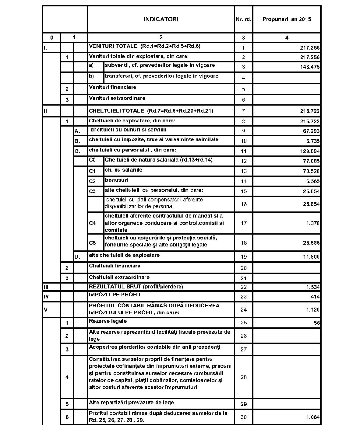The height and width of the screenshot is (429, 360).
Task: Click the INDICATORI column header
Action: [161, 19]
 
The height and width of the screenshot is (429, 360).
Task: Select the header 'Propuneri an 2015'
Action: [287, 19]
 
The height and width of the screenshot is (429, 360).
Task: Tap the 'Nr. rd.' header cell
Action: [243, 19]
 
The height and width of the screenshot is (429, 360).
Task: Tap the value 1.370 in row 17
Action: [312, 223]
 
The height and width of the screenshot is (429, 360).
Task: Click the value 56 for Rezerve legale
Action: [317, 323]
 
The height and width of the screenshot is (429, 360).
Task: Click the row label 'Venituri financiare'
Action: [112, 87]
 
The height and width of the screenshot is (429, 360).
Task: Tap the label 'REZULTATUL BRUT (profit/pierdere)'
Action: [136, 287]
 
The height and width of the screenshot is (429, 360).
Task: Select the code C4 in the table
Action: [92, 223]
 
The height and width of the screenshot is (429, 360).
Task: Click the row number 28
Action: [243, 377]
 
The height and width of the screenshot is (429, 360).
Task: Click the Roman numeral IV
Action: [46, 297]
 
